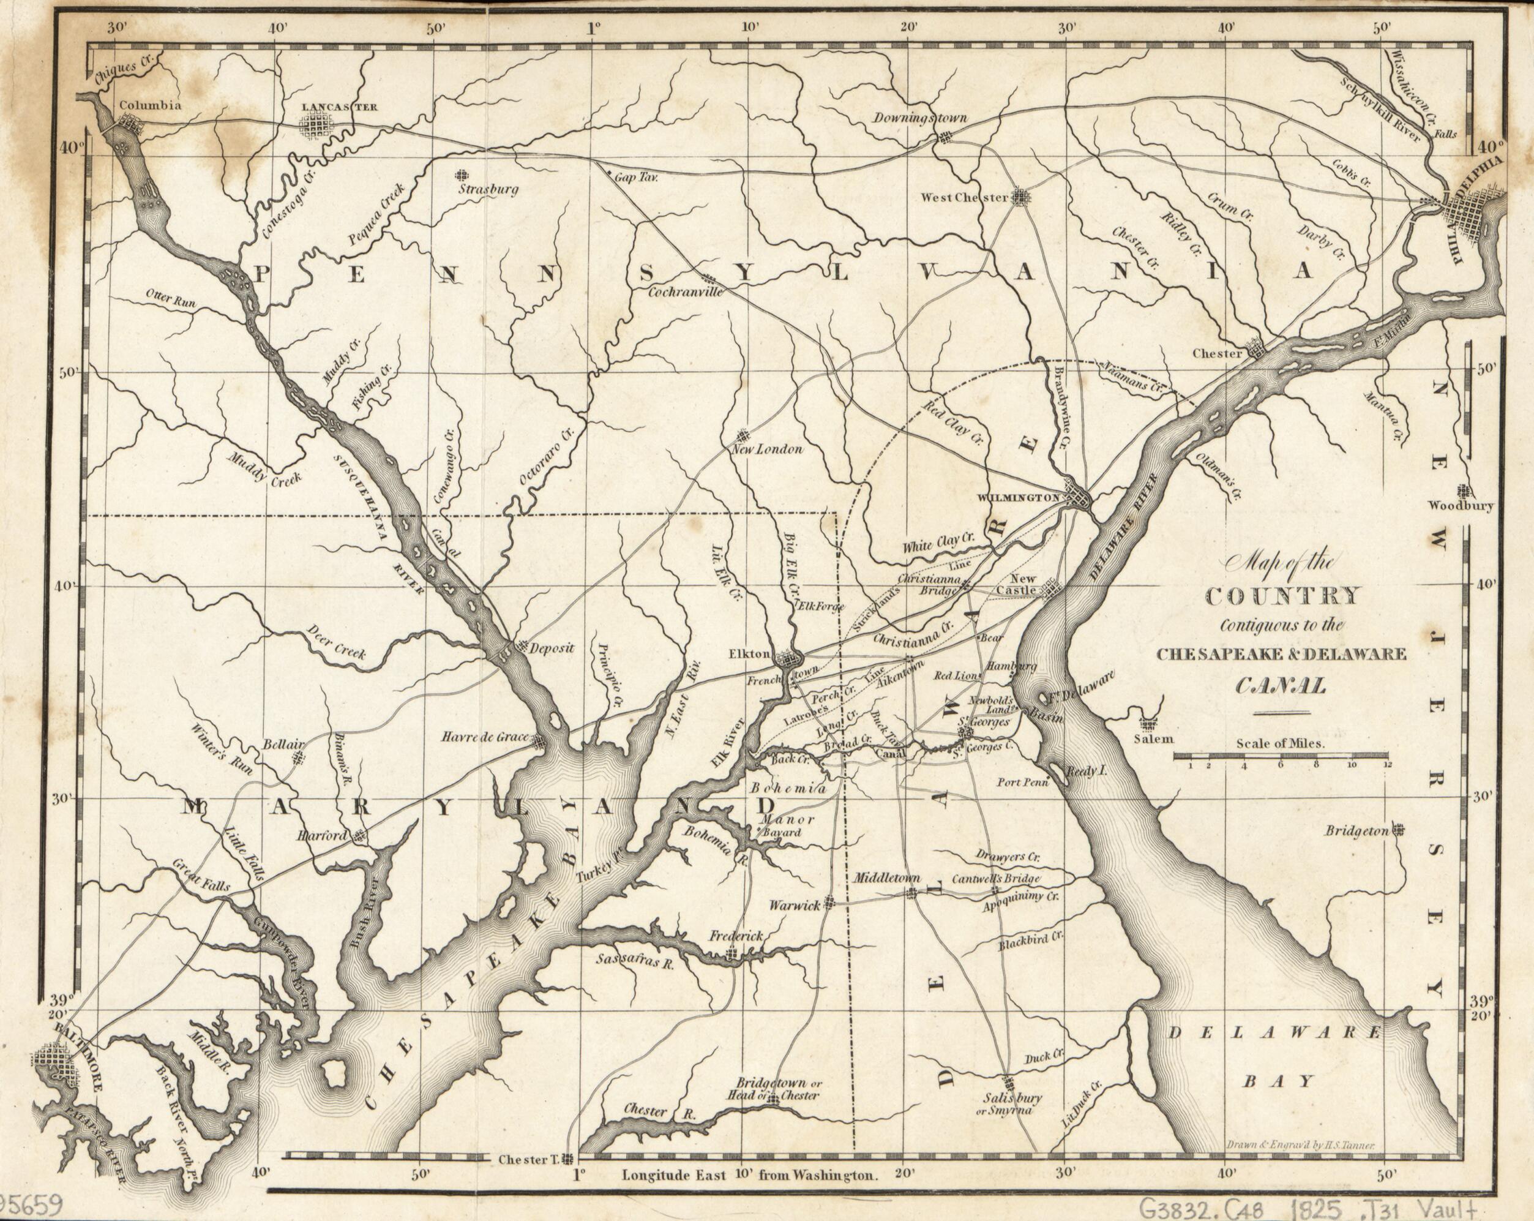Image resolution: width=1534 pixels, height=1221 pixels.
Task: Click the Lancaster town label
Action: [x=339, y=107]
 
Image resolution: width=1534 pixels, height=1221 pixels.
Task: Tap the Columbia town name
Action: [x=149, y=105]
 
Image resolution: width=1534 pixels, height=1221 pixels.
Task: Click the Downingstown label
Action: [x=920, y=118]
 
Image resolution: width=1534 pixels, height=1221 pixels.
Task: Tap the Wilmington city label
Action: [x=1019, y=498]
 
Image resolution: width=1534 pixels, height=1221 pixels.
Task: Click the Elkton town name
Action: [x=749, y=654]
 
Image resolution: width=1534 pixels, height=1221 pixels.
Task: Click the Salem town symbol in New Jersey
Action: [x=1147, y=724]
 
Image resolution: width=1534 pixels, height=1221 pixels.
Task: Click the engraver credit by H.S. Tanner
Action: [x=1303, y=1145]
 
